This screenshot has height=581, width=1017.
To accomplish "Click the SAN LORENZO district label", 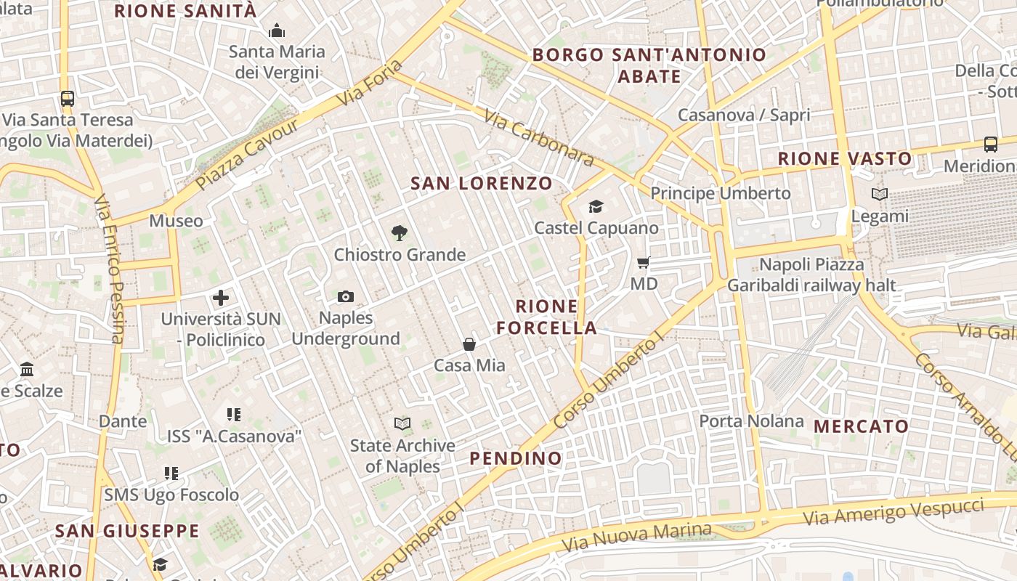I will pyautogui.click(x=481, y=183).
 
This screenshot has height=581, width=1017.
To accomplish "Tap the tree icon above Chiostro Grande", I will pyautogui.click(x=399, y=233).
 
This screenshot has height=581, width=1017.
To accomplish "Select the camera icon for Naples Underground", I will pyautogui.click(x=346, y=296).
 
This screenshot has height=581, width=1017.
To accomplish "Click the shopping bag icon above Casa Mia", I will pyautogui.click(x=469, y=344).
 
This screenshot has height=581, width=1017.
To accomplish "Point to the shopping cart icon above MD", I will pyautogui.click(x=643, y=262).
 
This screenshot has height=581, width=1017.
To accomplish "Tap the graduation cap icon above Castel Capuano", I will pyautogui.click(x=596, y=207).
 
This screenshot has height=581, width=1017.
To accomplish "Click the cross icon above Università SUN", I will pyautogui.click(x=221, y=297).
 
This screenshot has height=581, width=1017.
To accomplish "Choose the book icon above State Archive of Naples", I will pyautogui.click(x=402, y=423).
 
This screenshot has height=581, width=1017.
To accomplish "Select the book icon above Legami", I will pyautogui.click(x=879, y=195).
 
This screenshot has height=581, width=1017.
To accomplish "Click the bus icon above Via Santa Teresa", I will pyautogui.click(x=68, y=98).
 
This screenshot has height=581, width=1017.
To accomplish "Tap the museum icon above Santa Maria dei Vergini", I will pyautogui.click(x=276, y=31).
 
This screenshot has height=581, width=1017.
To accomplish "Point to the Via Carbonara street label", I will pyautogui.click(x=538, y=137).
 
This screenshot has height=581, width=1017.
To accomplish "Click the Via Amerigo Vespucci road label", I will pyautogui.click(x=894, y=512).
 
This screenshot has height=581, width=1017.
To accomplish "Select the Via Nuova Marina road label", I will pyautogui.click(x=636, y=536).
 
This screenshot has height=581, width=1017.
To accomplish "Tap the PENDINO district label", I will pyautogui.click(x=516, y=458).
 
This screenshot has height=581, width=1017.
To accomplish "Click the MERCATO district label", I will pyautogui.click(x=861, y=426).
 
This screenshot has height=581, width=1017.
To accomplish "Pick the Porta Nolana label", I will pyautogui.click(x=751, y=421).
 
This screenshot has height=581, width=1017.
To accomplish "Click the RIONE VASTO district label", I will pyautogui.click(x=844, y=158).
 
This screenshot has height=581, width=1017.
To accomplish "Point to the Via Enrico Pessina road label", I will pyautogui.click(x=109, y=269).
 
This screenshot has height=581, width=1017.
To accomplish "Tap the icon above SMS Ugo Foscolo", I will pyautogui.click(x=171, y=474).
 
